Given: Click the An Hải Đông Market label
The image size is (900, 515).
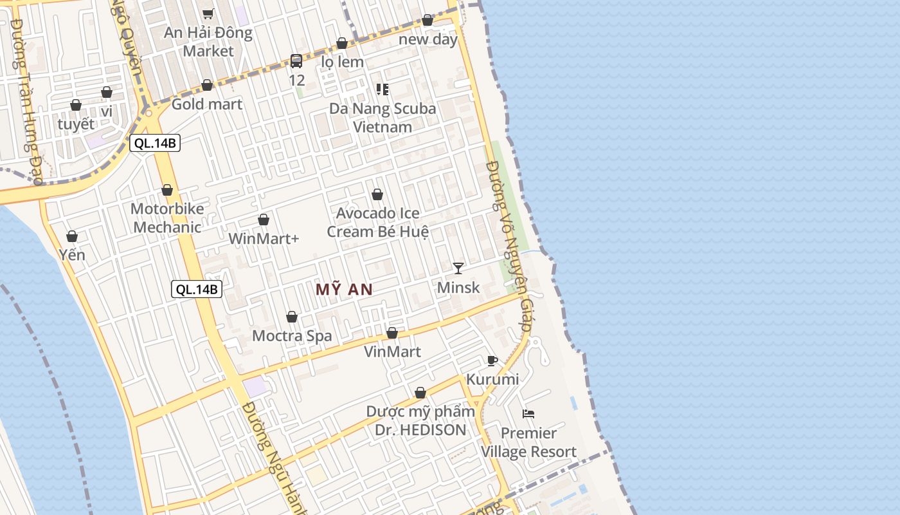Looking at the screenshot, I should [x=208, y=41].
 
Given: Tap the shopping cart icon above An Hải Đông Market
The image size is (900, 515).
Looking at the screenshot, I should [x=208, y=13].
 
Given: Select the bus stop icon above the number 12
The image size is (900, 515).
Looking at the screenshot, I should [x=296, y=61].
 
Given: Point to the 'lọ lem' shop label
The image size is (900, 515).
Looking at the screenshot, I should [x=342, y=62].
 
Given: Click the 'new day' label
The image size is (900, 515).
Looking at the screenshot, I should [x=428, y=39].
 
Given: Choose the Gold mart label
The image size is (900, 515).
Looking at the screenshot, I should [x=207, y=104].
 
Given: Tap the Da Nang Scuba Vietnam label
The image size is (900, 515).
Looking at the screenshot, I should [x=382, y=117].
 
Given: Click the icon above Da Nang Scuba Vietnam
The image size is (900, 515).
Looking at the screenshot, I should [x=382, y=89].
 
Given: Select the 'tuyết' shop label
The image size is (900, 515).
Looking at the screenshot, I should [x=76, y=124].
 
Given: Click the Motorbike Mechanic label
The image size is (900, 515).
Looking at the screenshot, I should [x=167, y=218].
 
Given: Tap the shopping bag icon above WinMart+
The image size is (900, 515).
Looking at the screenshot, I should [x=264, y=220].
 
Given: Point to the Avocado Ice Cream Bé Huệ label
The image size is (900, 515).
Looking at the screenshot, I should [x=377, y=222].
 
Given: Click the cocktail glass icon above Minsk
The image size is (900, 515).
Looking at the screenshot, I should [x=458, y=268].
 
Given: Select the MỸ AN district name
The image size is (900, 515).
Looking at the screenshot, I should [x=345, y=290].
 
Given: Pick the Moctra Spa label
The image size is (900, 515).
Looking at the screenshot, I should [x=292, y=335].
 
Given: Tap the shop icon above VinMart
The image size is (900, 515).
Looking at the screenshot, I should [x=392, y=333].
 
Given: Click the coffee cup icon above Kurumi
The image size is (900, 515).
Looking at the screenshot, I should [x=492, y=360].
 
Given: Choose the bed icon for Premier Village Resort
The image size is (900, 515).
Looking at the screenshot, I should [x=528, y=414].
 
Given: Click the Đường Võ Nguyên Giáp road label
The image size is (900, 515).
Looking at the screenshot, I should [x=509, y=245].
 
